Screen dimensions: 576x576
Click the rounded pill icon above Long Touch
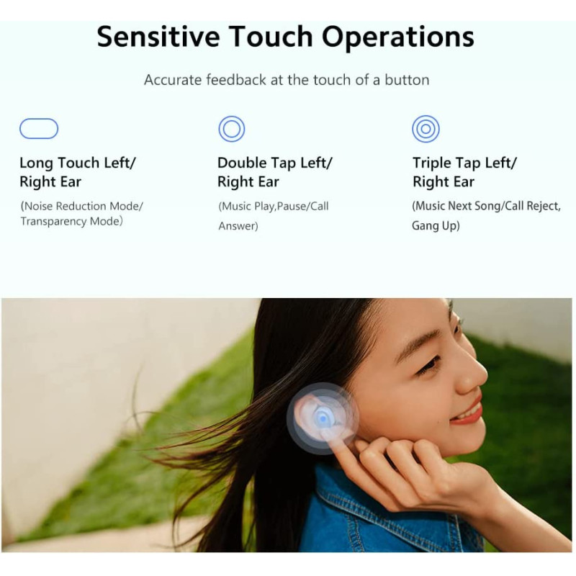39,129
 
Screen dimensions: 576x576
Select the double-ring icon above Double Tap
232,129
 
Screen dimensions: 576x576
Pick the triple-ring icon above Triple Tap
426,129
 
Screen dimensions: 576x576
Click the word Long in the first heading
36,163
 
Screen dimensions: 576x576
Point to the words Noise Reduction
66,206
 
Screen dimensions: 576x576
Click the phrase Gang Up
435,226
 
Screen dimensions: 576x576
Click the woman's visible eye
431,364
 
